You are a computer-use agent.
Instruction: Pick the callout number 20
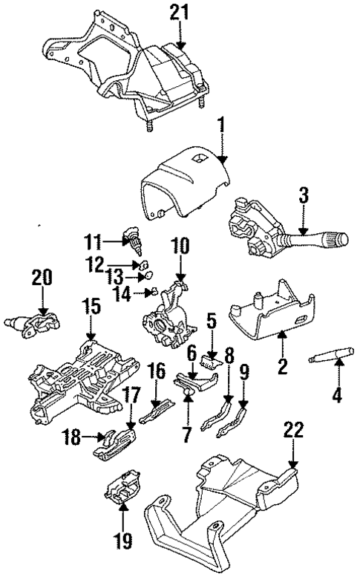(42, 277)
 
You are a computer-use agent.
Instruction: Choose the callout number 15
(91, 305)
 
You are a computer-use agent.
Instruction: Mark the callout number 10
(180, 246)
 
